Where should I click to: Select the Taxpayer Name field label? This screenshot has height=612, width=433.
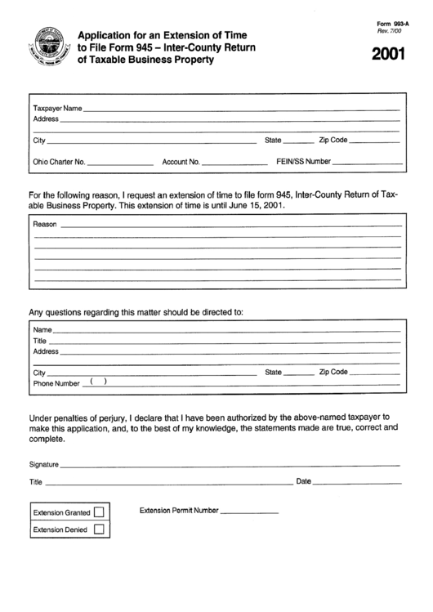coord(57,109)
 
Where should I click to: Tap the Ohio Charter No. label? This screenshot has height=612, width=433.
coord(59,162)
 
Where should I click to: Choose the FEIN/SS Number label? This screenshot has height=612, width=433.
coord(304,162)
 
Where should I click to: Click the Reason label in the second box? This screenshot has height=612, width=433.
coord(45,224)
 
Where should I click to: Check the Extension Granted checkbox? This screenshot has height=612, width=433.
coord(99,512)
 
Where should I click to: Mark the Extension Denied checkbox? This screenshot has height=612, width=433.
coord(99,529)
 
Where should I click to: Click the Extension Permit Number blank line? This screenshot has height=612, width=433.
coord(250,512)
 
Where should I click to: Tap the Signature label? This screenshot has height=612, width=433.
coord(44,465)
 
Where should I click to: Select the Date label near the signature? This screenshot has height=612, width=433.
coord(303,481)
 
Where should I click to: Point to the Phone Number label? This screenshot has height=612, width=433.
coord(56,383)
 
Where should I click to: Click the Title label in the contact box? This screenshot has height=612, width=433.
coord(40,341)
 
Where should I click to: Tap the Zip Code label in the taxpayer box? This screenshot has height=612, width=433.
coord(333,141)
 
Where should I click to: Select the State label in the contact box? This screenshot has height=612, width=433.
coord(274,372)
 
